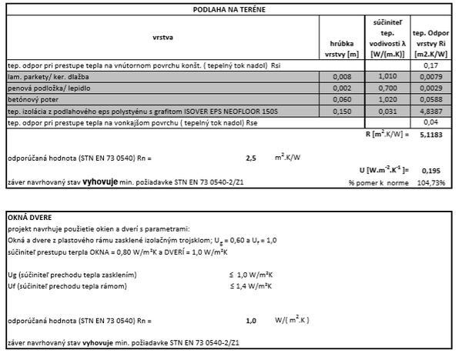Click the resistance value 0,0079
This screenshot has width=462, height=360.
(430, 77)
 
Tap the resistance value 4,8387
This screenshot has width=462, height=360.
(430, 111)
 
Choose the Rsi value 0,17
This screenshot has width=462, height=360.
(430, 65)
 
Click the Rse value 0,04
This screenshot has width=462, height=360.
(430, 122)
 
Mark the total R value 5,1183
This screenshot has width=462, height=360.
(430, 134)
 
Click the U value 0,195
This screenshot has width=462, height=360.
(432, 170)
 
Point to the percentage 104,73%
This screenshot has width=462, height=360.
(431, 182)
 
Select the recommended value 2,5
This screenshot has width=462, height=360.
(250, 158)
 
